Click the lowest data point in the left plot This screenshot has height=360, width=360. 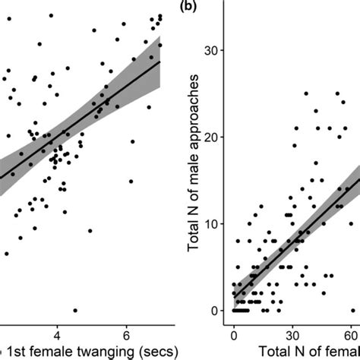pyautogui.click(x=75, y=310)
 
